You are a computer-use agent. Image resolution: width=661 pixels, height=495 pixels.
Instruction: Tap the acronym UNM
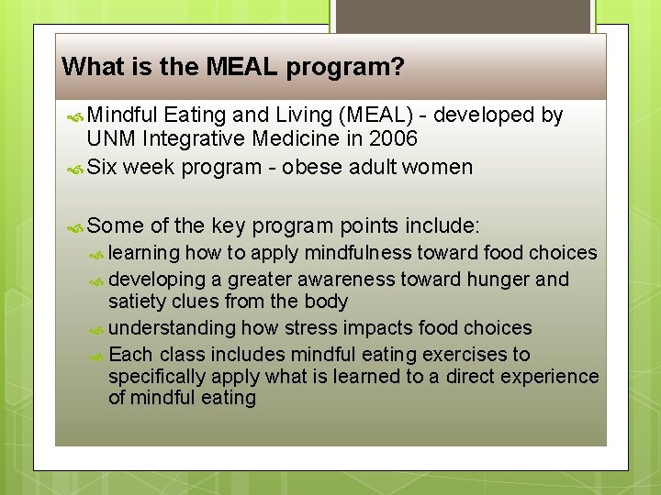click(x=109, y=139)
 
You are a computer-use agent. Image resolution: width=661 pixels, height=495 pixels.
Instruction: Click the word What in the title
click(x=86, y=67)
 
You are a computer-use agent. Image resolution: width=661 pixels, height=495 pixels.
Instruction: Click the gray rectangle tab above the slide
click(x=462, y=16)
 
